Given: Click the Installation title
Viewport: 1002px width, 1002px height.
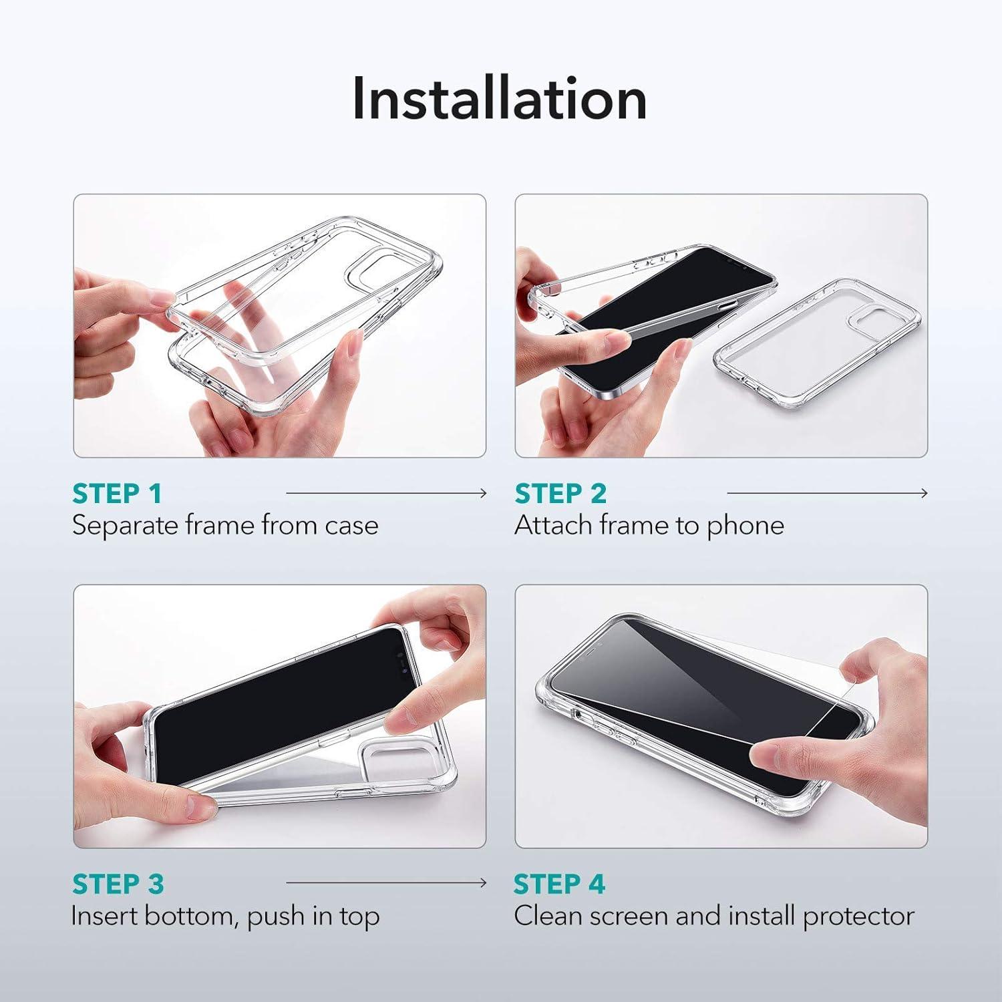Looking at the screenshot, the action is [x=500, y=98].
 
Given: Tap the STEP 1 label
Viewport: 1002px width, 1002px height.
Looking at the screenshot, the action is [x=117, y=494].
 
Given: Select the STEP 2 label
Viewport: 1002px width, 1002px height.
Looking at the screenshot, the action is [x=560, y=494].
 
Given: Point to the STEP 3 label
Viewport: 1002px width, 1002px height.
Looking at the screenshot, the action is [x=118, y=884].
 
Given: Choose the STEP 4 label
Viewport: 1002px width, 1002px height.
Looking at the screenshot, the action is [x=560, y=884].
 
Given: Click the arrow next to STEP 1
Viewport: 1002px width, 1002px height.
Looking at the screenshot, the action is [x=387, y=494].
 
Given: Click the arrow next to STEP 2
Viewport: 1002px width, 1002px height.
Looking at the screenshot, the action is [x=828, y=494].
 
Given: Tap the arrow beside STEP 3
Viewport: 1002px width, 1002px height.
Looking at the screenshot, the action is [x=387, y=883].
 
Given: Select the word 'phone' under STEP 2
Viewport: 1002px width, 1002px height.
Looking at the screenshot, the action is [x=745, y=526].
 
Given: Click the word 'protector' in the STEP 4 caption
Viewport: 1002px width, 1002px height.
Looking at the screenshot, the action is [x=858, y=916].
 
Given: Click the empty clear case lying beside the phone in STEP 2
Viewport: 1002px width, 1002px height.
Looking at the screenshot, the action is [x=817, y=343].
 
